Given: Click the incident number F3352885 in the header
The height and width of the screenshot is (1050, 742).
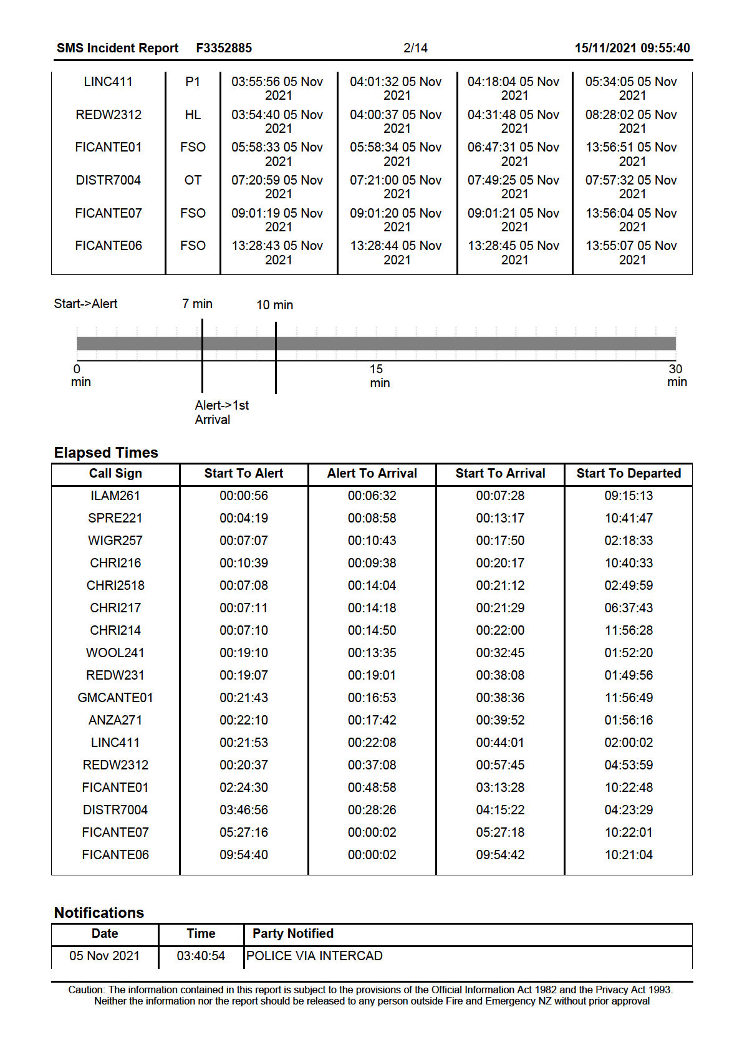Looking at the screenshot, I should [224, 48].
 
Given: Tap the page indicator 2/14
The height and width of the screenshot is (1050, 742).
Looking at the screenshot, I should [415, 48].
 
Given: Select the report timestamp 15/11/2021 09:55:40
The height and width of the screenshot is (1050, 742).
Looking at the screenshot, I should [632, 48].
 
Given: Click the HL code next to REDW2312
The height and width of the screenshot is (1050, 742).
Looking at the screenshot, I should [193, 115].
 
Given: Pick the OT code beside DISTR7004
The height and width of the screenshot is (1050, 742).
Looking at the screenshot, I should [193, 180].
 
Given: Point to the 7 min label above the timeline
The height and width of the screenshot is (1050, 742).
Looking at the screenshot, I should [197, 304].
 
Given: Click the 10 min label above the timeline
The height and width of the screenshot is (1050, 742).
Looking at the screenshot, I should [274, 305].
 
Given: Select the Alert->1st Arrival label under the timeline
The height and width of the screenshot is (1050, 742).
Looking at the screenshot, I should [221, 412].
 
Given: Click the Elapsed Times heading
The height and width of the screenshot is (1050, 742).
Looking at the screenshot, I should [106, 453].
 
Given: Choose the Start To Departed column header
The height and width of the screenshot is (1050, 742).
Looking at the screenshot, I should [628, 473].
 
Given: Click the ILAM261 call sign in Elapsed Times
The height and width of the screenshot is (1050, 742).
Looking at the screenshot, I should [115, 496].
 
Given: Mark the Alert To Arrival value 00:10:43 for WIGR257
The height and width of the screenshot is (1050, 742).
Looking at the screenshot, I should [372, 541].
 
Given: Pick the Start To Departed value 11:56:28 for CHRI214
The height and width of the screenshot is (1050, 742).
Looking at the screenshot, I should [628, 630].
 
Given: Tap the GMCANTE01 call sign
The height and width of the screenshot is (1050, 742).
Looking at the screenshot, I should [115, 698].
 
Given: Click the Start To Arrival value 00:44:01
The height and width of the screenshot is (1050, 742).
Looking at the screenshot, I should [500, 743].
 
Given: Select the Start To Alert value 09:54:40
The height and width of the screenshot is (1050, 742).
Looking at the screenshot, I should [243, 855].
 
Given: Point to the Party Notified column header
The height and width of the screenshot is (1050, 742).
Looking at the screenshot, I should [292, 933].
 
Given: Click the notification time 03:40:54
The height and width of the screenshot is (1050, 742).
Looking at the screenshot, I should [201, 956].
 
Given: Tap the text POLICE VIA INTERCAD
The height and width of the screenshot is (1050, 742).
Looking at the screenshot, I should [314, 956].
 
